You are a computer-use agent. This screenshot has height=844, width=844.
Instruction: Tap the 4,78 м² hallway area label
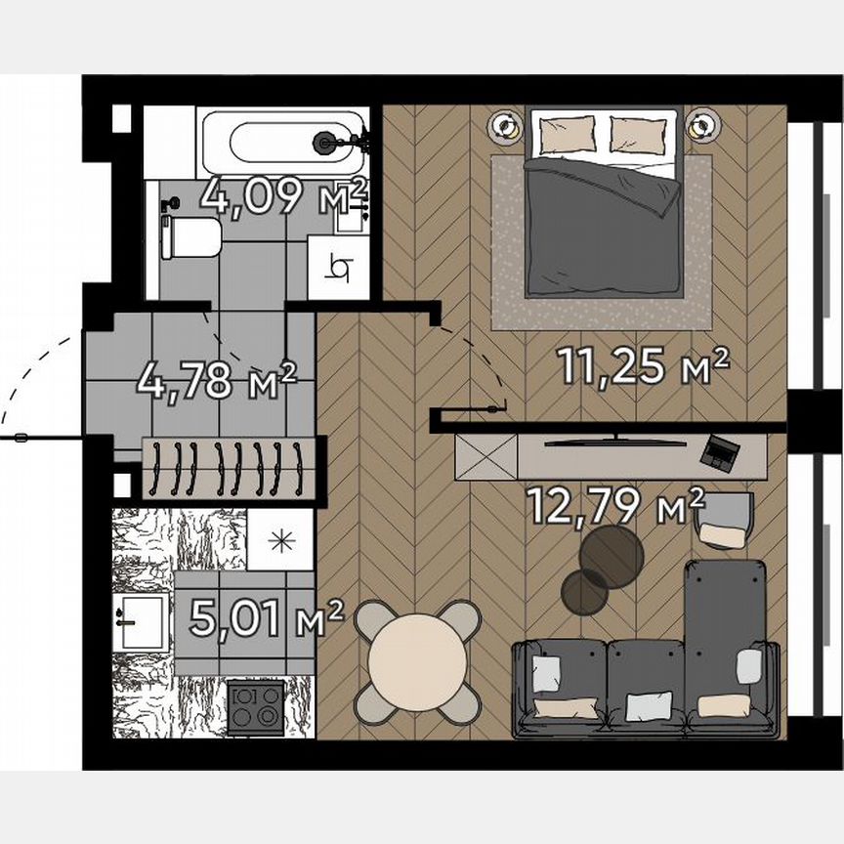[217, 379]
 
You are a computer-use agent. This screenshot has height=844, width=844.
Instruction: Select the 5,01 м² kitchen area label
[266, 618]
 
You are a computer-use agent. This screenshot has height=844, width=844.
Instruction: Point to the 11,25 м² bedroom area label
[644, 366]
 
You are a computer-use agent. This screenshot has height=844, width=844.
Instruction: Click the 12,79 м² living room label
[615, 505]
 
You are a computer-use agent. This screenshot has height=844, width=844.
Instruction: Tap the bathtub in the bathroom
[282, 143]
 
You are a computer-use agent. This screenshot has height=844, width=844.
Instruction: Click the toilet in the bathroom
[191, 236]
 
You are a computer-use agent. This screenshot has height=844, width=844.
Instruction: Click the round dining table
[418, 658]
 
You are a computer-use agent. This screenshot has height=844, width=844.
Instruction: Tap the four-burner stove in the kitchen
[256, 705]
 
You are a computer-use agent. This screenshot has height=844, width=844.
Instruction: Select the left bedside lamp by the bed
[506, 125]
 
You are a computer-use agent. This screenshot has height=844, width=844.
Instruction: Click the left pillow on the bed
[568, 134]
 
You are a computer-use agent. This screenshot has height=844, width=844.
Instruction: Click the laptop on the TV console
[722, 451]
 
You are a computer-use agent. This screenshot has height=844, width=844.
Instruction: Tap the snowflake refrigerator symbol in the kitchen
[278, 540]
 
